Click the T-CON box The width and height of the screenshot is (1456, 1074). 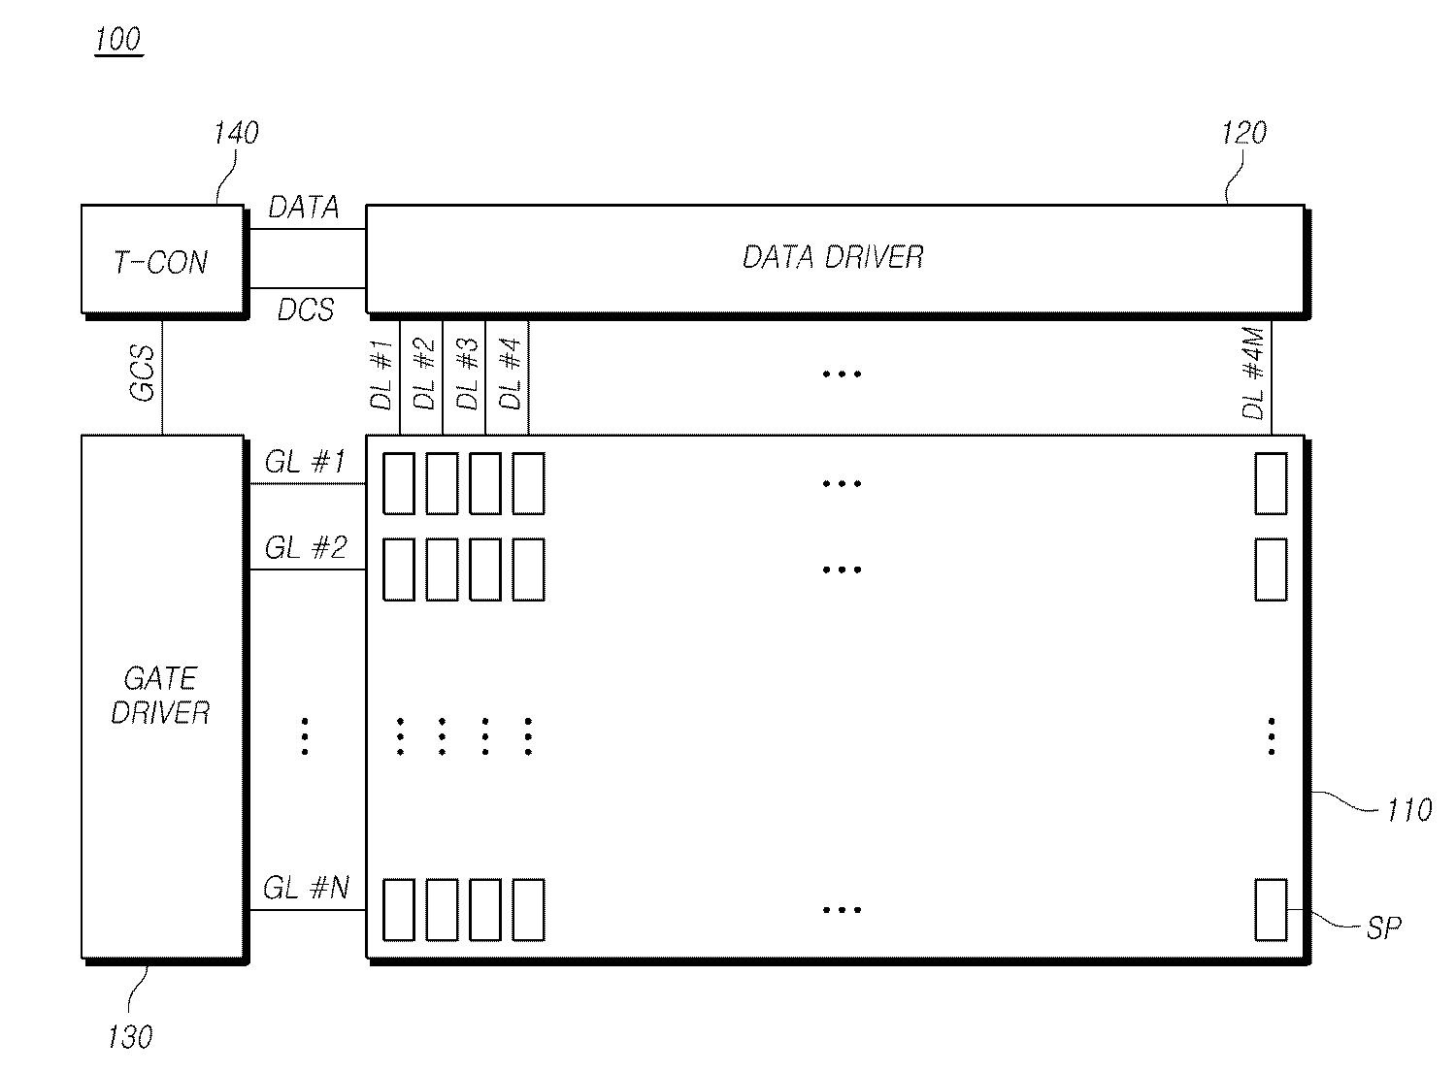[161, 259]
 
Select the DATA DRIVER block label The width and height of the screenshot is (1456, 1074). [833, 257]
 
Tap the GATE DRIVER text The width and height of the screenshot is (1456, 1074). [160, 696]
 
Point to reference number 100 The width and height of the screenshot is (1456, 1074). [118, 41]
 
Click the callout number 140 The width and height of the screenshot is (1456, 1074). [236, 133]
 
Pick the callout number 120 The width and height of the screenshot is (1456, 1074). [1243, 133]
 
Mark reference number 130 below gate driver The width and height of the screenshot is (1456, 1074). [130, 1037]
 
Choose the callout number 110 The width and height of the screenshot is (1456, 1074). [1408, 809]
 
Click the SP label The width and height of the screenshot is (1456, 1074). [1384, 928]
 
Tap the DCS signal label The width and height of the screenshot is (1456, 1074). [306, 309]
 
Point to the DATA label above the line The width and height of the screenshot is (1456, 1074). [304, 207]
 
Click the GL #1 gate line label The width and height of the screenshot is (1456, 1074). [305, 463]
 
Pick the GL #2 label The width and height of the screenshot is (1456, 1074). [305, 548]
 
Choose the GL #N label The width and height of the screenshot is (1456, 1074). [306, 888]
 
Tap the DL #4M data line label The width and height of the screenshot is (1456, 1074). [1254, 374]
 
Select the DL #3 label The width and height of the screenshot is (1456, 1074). [468, 374]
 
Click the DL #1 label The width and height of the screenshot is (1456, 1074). [382, 374]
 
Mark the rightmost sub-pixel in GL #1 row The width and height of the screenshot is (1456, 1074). [1271, 483]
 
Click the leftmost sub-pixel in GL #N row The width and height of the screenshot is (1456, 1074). [398, 909]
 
